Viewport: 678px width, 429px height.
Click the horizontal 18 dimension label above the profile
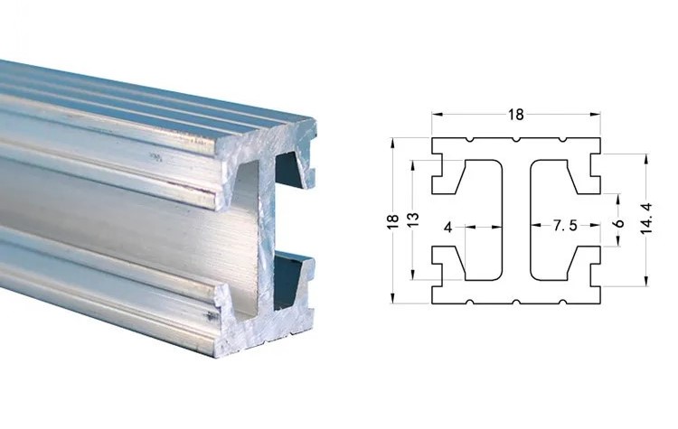(x=515, y=115)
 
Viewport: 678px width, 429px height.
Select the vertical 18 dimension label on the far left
(x=392, y=220)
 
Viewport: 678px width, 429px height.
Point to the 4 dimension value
(x=448, y=227)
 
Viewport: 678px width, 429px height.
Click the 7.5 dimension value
(x=565, y=225)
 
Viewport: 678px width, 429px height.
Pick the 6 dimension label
(x=618, y=223)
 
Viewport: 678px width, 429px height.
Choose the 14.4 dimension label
(x=646, y=219)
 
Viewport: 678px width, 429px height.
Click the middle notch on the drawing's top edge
(x=515, y=140)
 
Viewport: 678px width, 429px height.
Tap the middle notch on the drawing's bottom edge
(x=515, y=302)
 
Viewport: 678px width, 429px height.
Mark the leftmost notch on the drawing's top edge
(x=469, y=140)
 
